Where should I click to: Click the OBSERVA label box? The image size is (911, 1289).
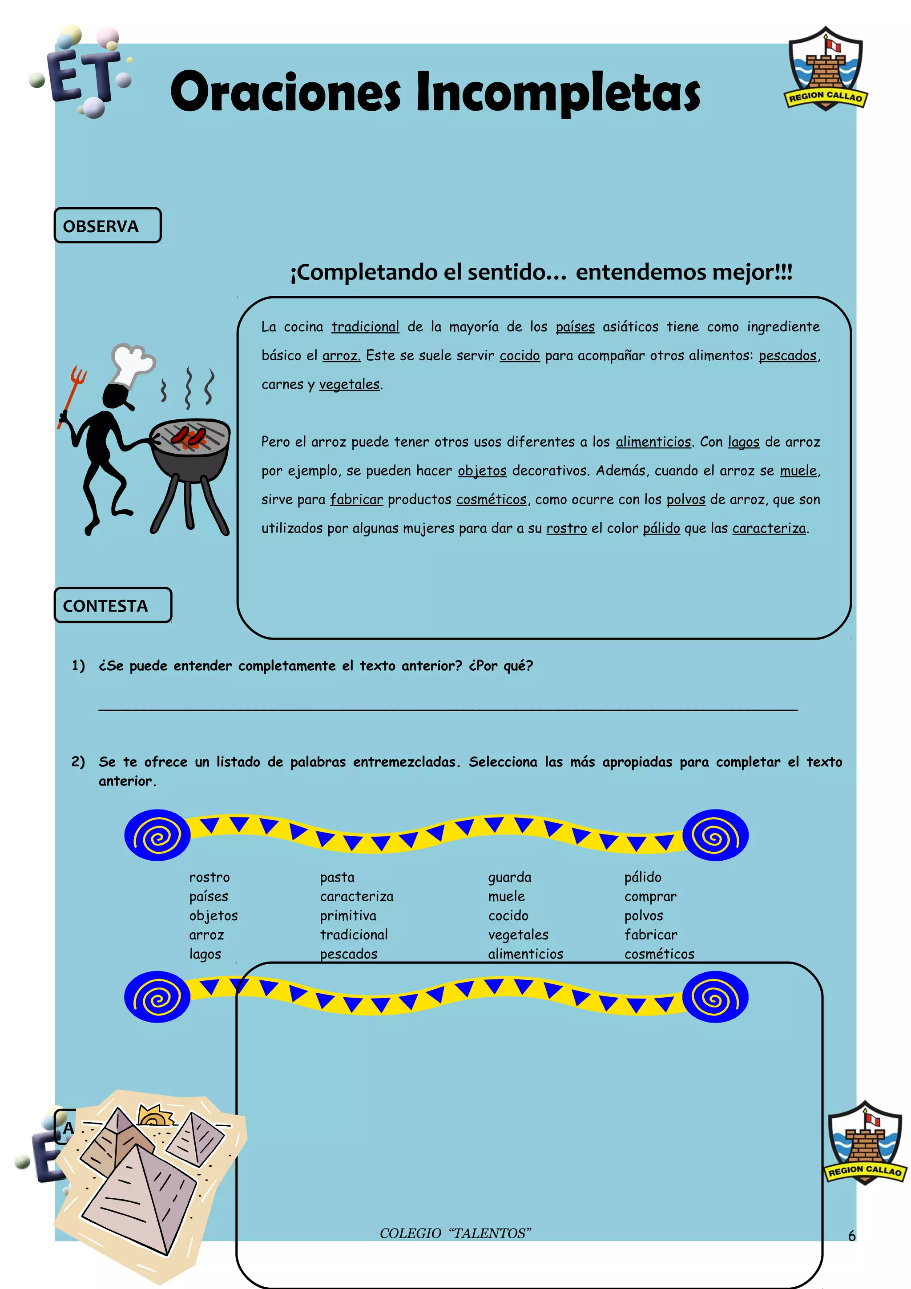pyautogui.click(x=107, y=226)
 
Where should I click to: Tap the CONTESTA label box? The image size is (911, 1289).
pyautogui.click(x=112, y=605)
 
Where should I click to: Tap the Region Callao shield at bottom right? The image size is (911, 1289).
pyautogui.click(x=864, y=1143)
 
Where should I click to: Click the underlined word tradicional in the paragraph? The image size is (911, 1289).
pyautogui.click(x=365, y=327)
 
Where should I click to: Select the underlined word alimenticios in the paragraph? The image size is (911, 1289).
pyautogui.click(x=653, y=442)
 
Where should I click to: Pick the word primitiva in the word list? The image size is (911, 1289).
pyautogui.click(x=348, y=916)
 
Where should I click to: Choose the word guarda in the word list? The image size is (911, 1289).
pyautogui.click(x=509, y=878)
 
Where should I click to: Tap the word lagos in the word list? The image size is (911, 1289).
pyautogui.click(x=205, y=954)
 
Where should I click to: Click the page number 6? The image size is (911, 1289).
pyautogui.click(x=851, y=1236)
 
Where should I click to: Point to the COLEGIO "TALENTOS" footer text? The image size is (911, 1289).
pyautogui.click(x=455, y=1233)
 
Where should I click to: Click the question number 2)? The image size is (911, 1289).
pyautogui.click(x=78, y=762)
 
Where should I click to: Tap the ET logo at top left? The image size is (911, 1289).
pyautogui.click(x=81, y=73)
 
